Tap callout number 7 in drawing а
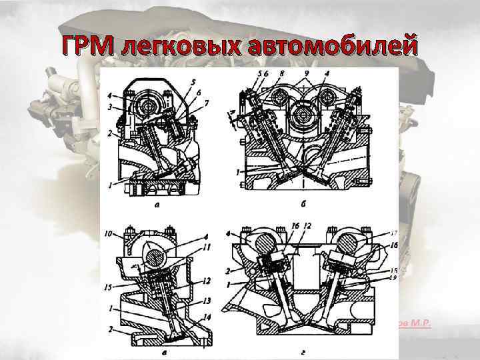click(x=207, y=103)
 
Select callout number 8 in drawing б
click(x=282, y=72)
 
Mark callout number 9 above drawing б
click(x=306, y=72)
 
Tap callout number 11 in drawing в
click(x=206, y=247)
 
